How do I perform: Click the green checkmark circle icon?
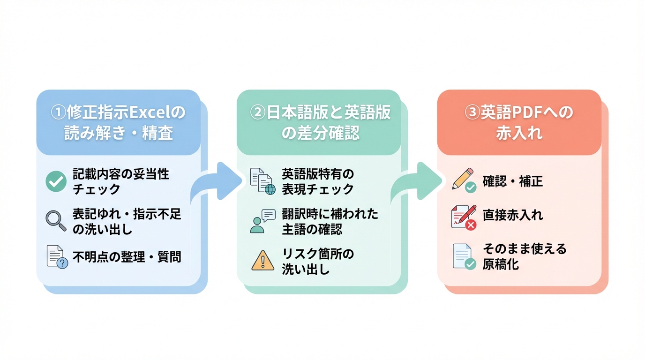tap(56, 181)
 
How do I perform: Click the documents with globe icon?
tap(262, 181)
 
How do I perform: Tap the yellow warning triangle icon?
tap(262, 260)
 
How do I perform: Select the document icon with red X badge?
tap(463, 217)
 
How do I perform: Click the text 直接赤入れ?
tap(512, 215)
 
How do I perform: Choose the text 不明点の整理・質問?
tap(127, 256)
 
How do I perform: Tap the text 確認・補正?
tap(512, 181)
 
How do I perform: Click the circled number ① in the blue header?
tap(58, 113)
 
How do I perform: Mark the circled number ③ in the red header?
tap(472, 113)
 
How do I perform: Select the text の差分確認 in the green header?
tap(321, 134)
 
